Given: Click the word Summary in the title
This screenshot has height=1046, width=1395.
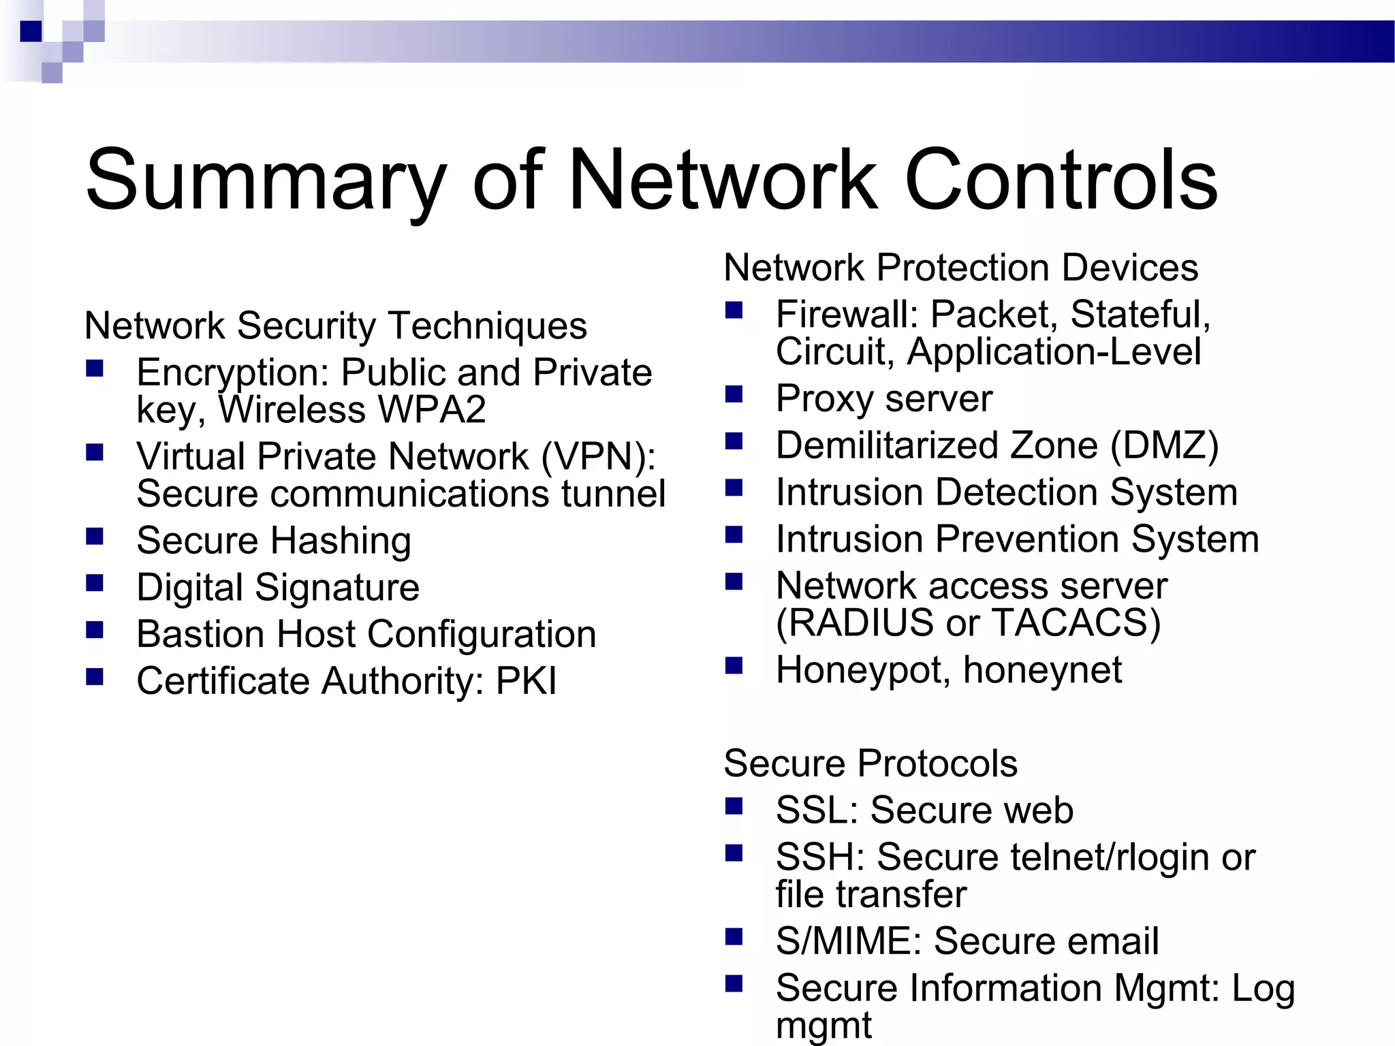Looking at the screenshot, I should coord(266,180).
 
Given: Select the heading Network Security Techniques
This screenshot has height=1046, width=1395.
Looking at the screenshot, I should coord(335,326).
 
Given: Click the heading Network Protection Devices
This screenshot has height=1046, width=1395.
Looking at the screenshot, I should coord(960,267).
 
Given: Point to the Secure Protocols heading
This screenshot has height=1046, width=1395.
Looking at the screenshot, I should coord(870,763).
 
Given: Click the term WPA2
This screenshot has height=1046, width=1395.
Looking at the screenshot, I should coord(432,410).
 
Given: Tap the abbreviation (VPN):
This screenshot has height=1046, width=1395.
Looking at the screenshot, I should coord(599,456).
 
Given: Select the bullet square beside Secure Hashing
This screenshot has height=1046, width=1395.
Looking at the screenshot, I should coord(95,537).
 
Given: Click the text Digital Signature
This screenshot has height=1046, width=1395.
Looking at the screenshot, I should coord(278,587).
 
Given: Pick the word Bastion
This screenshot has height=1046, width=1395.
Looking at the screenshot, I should coord(200,634).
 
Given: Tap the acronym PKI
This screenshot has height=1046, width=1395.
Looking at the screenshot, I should coord(526,681).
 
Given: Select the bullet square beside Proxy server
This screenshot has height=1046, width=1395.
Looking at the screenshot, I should coord(734,395).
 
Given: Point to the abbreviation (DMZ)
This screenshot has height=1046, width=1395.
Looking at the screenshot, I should coord(1164,445).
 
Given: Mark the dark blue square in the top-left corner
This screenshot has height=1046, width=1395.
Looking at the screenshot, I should coord(31,31).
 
